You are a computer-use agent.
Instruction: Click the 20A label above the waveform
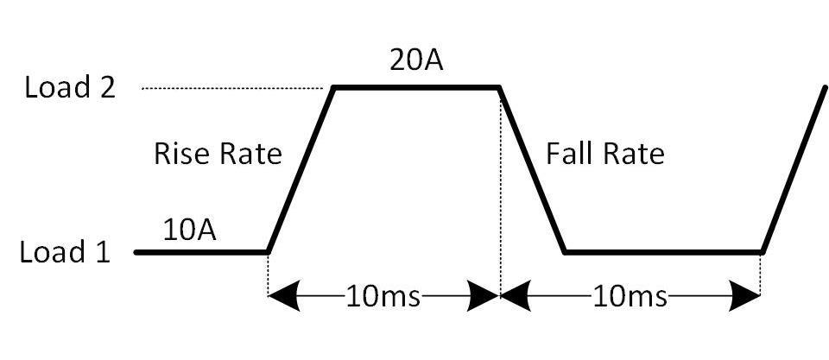click(x=416, y=60)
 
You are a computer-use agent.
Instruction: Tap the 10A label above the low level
click(x=189, y=231)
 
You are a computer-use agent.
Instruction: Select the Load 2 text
click(x=70, y=88)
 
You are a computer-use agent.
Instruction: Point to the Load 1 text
click(x=65, y=251)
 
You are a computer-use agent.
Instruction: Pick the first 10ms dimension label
click(x=383, y=298)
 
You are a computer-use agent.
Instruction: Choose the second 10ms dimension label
click(x=630, y=298)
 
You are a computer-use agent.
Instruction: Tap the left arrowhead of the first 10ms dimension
click(x=284, y=297)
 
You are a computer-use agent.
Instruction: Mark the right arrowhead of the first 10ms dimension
click(x=484, y=297)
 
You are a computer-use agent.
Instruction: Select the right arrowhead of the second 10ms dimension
click(x=744, y=297)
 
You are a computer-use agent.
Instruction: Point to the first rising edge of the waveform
click(x=301, y=170)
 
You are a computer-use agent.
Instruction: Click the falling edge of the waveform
click(x=532, y=170)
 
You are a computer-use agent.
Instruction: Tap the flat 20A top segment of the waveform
click(x=416, y=87)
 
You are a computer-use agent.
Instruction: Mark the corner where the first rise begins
click(x=268, y=252)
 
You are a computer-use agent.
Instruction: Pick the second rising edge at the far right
click(x=794, y=170)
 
